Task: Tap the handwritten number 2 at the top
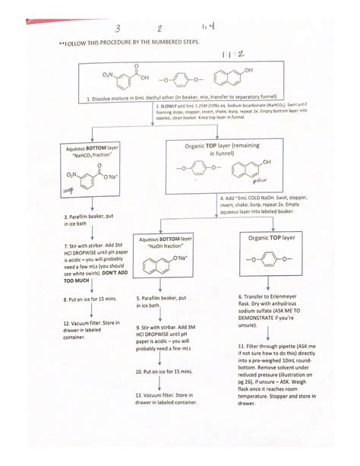point(160,29)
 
